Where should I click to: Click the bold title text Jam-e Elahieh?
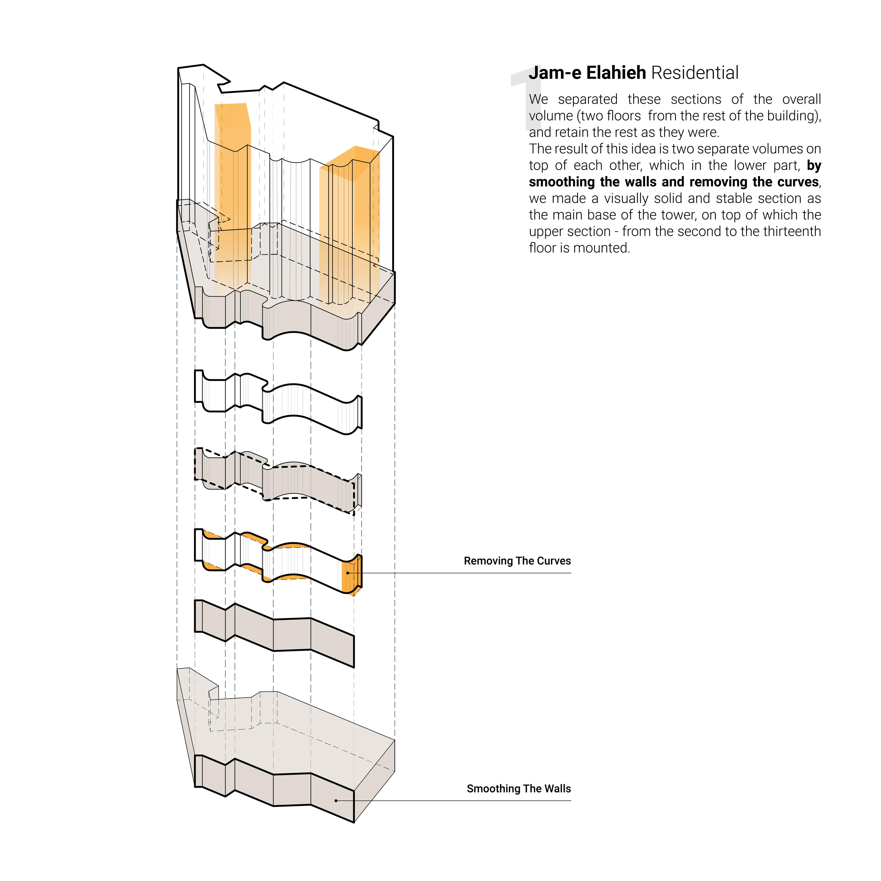tap(587, 73)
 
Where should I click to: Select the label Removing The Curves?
tap(517, 561)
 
